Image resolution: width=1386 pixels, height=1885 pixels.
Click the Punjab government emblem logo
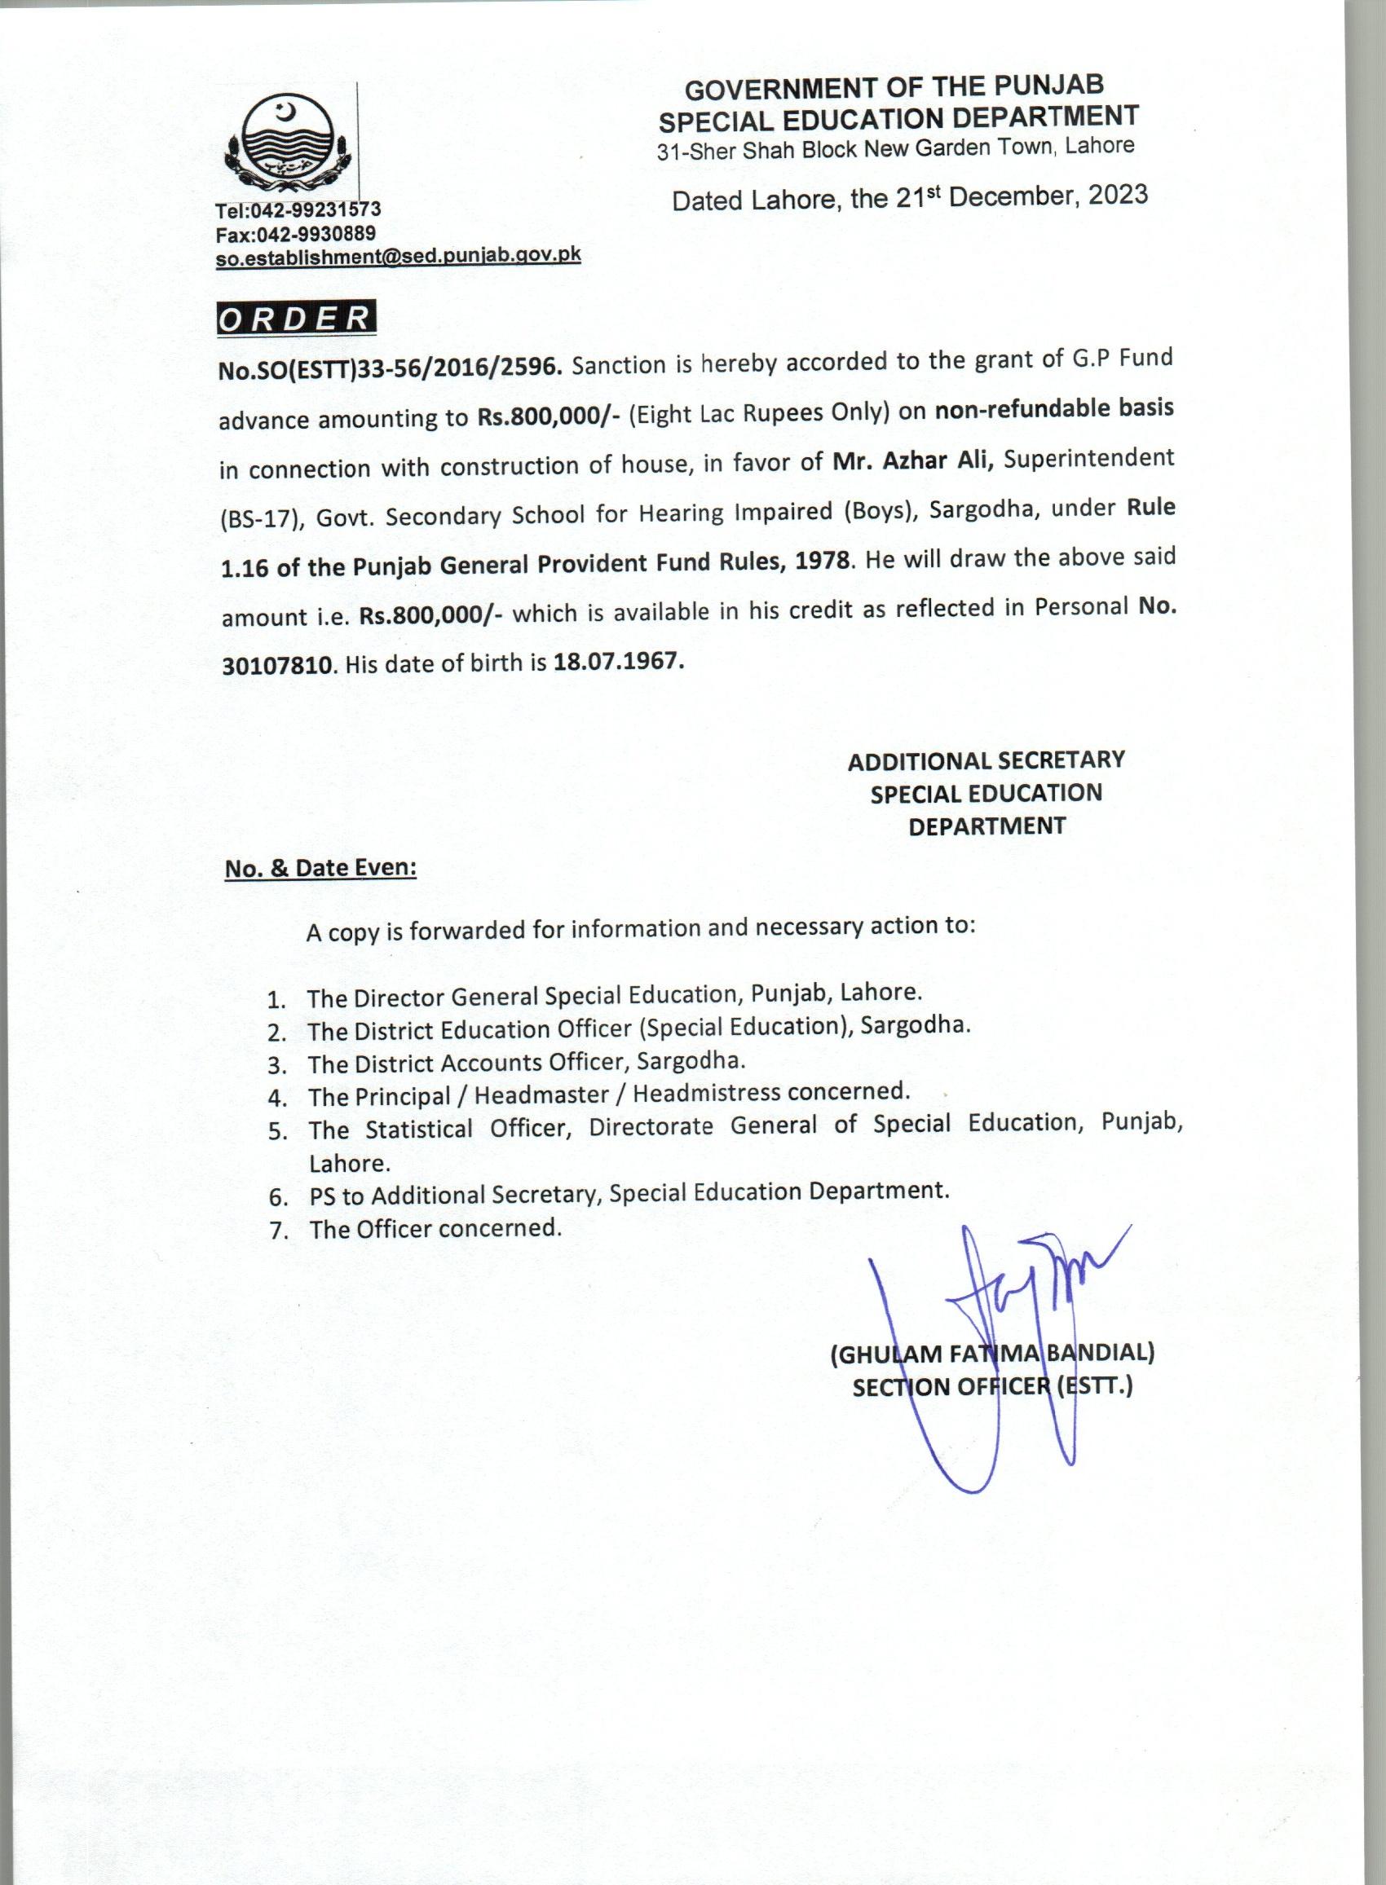coord(287,144)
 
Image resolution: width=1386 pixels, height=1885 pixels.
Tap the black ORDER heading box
coord(295,319)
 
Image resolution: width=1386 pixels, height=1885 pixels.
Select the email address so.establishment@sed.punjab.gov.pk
coord(398,256)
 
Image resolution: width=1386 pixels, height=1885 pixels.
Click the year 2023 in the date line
coord(1118,195)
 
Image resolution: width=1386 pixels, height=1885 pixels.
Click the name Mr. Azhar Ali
coord(912,461)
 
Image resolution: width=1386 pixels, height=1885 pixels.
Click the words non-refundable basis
coord(1053,409)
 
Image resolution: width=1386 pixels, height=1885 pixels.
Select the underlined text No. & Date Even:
coord(320,868)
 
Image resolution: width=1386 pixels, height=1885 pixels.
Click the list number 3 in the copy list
coord(278,1065)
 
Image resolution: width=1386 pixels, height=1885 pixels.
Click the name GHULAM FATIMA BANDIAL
coord(991,1354)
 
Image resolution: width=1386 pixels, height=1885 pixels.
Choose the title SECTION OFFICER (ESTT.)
coord(991,1387)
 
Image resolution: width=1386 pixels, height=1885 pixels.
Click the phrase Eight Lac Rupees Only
coord(763,413)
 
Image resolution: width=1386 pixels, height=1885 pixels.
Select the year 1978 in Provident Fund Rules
coord(822,560)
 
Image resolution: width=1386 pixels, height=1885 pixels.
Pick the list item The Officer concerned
coord(435,1229)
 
